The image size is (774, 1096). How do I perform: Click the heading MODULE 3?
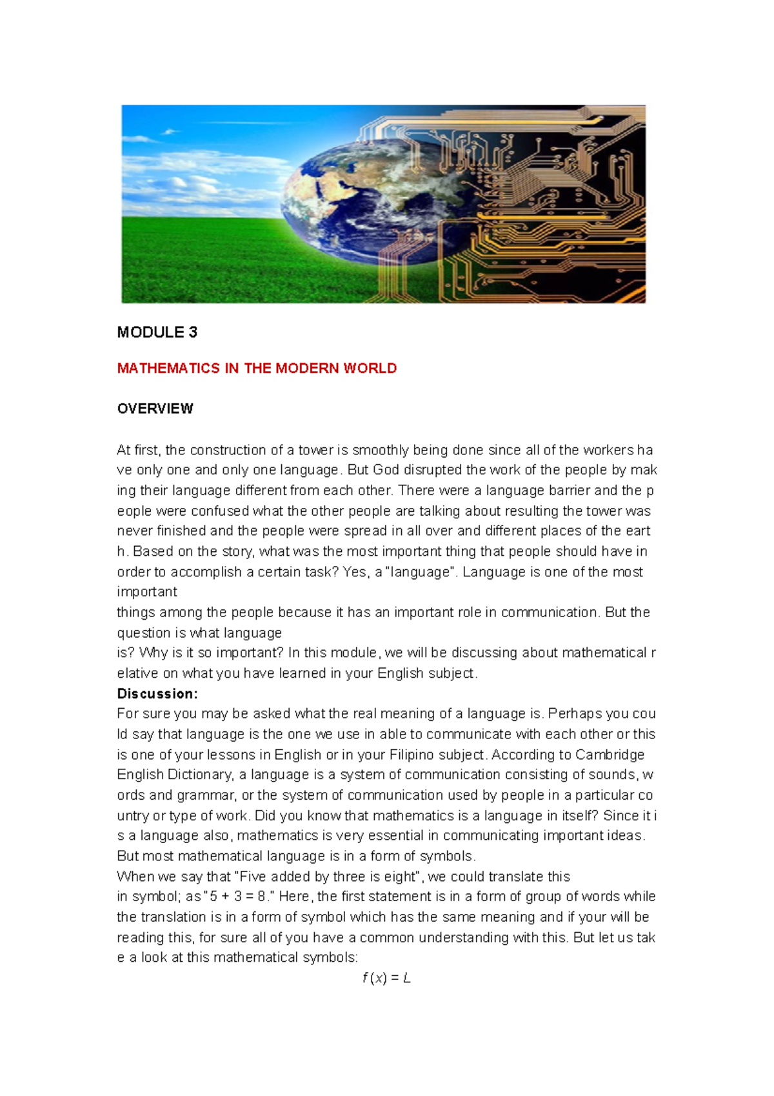(x=157, y=332)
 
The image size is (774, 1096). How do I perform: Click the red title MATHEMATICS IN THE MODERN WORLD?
(x=257, y=369)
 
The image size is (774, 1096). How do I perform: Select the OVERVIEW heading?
(x=155, y=409)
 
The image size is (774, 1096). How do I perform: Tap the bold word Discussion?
(x=157, y=694)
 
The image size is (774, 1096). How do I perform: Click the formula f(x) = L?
(x=386, y=978)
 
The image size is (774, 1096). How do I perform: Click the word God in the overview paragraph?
(x=386, y=470)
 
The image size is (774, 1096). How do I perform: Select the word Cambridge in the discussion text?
(x=610, y=755)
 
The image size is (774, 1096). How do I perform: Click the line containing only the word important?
(x=147, y=592)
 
